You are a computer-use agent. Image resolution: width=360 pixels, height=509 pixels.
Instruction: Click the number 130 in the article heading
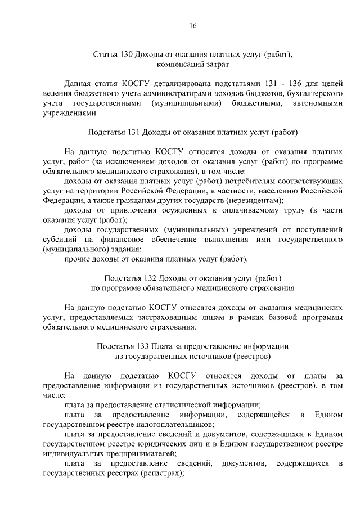(127, 55)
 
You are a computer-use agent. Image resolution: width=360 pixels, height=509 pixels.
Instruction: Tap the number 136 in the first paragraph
(301, 83)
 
